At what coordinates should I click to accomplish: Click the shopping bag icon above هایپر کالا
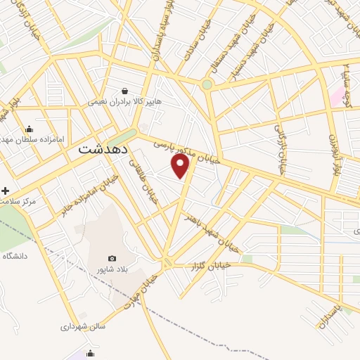[124, 91]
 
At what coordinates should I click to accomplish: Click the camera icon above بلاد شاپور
[112, 259]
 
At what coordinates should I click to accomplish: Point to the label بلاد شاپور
[112, 270]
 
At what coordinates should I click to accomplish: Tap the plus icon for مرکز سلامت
[5, 191]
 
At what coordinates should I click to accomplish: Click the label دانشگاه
[14, 257]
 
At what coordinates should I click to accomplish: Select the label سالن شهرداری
[83, 326]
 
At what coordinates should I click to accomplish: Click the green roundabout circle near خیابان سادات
[207, 85]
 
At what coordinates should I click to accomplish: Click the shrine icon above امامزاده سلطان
[29, 129]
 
